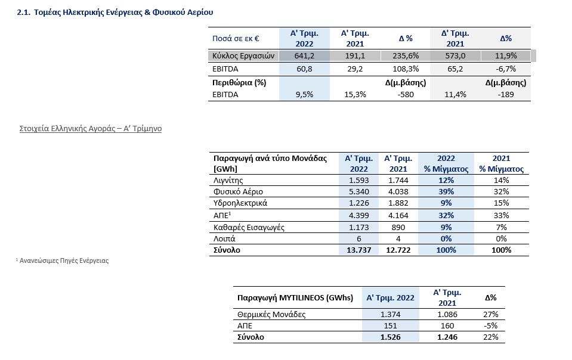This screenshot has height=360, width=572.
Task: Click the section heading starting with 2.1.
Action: coord(115,12)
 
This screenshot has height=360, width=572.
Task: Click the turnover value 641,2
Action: coord(304,55)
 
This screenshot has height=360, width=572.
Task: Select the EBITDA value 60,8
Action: coord(304,69)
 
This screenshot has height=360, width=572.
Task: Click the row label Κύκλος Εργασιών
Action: coord(243,55)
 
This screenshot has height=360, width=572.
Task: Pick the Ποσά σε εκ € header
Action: coord(236,38)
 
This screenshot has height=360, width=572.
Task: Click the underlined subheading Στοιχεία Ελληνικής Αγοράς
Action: coord(91,128)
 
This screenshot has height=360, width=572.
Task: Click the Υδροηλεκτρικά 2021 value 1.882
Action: coord(398,203)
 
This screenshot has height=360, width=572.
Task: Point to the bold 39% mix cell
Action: coord(446,191)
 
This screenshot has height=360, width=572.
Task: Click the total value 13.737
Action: coord(359,250)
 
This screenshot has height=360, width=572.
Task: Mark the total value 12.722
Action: coord(398,250)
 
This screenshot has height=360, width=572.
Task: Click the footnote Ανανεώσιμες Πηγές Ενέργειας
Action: coord(64,260)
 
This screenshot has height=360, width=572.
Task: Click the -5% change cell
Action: coord(491,325)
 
